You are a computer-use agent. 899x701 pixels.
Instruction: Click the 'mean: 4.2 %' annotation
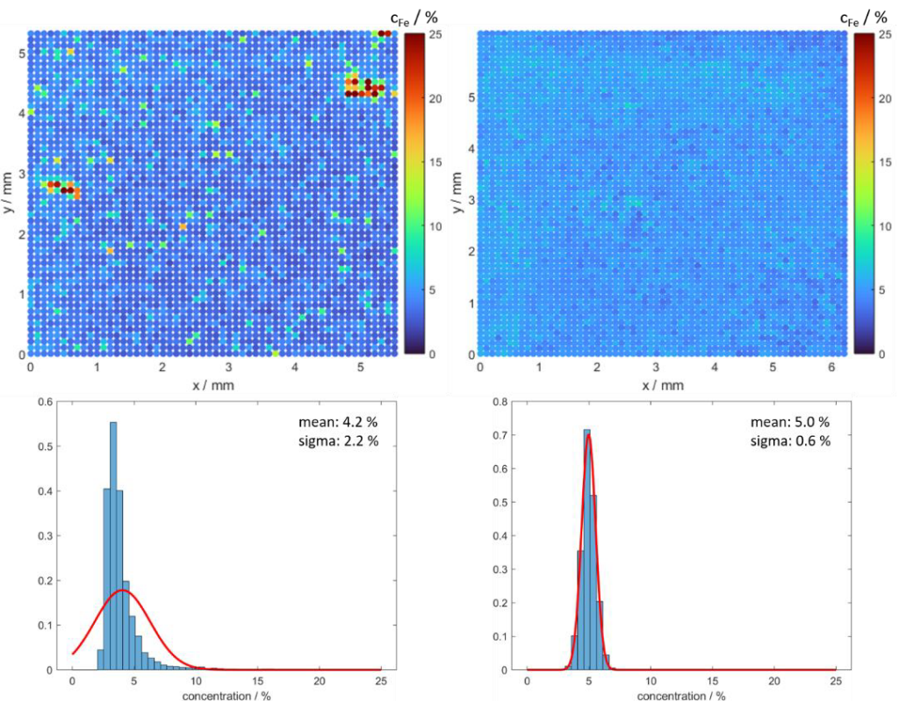(338, 422)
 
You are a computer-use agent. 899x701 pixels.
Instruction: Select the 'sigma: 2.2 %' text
(338, 440)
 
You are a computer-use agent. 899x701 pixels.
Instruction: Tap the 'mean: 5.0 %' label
(790, 422)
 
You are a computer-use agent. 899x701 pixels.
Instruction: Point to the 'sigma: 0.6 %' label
(790, 440)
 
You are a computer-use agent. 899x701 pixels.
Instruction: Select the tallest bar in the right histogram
(586, 550)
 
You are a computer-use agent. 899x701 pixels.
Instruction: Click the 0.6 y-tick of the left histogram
(46, 403)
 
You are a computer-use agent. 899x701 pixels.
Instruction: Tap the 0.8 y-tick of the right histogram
(500, 403)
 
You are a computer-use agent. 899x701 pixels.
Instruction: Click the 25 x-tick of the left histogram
(381, 682)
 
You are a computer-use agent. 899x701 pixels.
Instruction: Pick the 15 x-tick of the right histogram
(713, 682)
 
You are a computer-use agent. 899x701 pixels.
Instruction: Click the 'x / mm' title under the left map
(213, 385)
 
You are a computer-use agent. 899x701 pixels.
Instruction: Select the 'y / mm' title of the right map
(457, 192)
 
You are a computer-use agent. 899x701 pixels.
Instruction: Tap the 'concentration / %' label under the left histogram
(227, 696)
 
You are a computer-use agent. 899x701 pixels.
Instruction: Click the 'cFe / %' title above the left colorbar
(414, 18)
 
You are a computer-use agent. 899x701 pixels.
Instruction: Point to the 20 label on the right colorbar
(885, 98)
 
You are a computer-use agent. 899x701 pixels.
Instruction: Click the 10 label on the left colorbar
(435, 226)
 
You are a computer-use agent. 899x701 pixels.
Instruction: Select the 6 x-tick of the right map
(832, 367)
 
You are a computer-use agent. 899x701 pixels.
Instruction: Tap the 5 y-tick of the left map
(22, 54)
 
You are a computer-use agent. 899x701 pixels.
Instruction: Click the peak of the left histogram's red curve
(121, 590)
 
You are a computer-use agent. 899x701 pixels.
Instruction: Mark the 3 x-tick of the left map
(229, 367)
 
